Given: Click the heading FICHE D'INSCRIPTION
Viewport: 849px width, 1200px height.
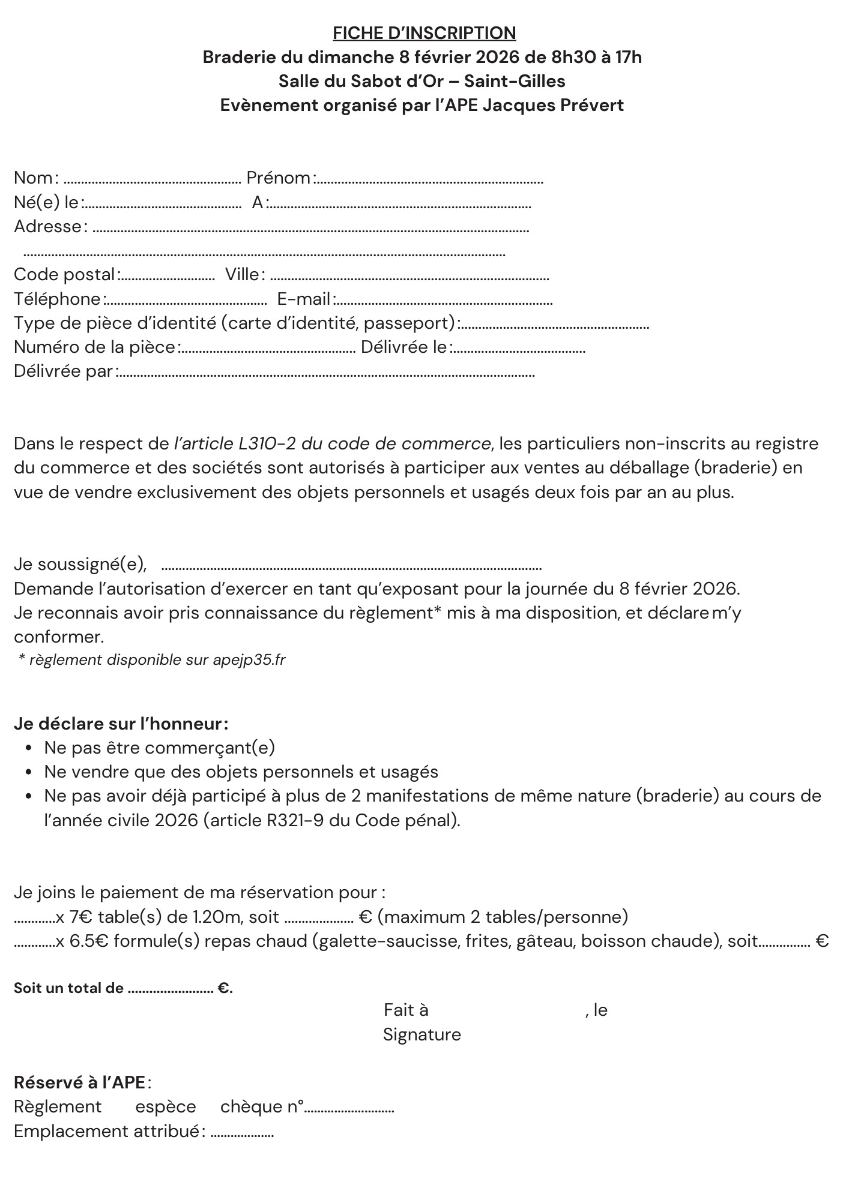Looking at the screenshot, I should pos(424,33).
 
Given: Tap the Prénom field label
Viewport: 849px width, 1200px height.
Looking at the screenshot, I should pos(278,178).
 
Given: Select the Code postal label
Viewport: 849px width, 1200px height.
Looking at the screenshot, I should pos(64,275).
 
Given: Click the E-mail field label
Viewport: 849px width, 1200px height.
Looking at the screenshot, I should pos(304,299).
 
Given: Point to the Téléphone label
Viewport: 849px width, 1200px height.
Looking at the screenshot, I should pos(58,299).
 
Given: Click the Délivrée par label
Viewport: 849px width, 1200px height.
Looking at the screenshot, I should pos(64,371).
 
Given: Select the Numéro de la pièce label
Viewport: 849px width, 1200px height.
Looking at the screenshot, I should pos(94,347).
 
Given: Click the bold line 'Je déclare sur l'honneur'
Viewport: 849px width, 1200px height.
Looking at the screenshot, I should pos(120,724).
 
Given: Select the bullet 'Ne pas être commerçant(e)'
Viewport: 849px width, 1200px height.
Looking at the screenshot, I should pos(159,748).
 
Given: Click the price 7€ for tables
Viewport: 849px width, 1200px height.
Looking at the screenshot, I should pos(81,917).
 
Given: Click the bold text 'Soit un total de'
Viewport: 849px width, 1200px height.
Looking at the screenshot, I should pos(68,988).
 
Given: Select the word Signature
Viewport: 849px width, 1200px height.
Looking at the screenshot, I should pos(421,1034).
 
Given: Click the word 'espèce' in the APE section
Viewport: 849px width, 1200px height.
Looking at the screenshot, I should pos(166,1106).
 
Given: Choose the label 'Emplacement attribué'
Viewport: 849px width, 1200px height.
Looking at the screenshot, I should pos(106,1131).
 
